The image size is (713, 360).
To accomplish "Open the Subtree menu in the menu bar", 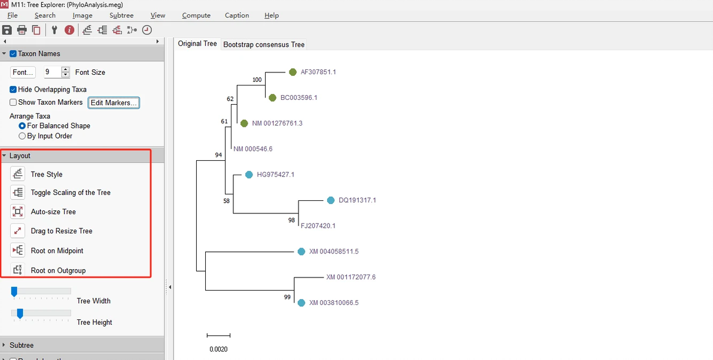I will point(121,16).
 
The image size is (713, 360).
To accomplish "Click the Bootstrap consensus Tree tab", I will point(264,44).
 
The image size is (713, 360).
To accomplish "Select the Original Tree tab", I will point(197,44).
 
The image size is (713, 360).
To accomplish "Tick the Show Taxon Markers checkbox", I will point(13,102).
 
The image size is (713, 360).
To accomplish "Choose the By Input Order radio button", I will point(22,136).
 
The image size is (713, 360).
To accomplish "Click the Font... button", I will point(23,72).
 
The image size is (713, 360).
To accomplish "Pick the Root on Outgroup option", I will point(58,270).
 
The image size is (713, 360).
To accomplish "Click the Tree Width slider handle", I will point(14,291).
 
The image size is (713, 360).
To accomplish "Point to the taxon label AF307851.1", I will point(318,72).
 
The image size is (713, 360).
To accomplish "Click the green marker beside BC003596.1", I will point(272,97).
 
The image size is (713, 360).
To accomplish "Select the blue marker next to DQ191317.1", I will point(331,200).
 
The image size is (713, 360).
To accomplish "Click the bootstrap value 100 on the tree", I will point(257,80).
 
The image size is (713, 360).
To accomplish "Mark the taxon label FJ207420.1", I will point(318,226).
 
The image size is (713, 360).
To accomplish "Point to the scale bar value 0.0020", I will point(218,349).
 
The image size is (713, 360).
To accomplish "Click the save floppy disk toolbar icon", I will point(7,30).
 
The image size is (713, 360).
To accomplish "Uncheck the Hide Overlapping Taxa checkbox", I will point(13,89).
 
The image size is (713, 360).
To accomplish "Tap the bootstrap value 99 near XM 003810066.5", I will point(287,297).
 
